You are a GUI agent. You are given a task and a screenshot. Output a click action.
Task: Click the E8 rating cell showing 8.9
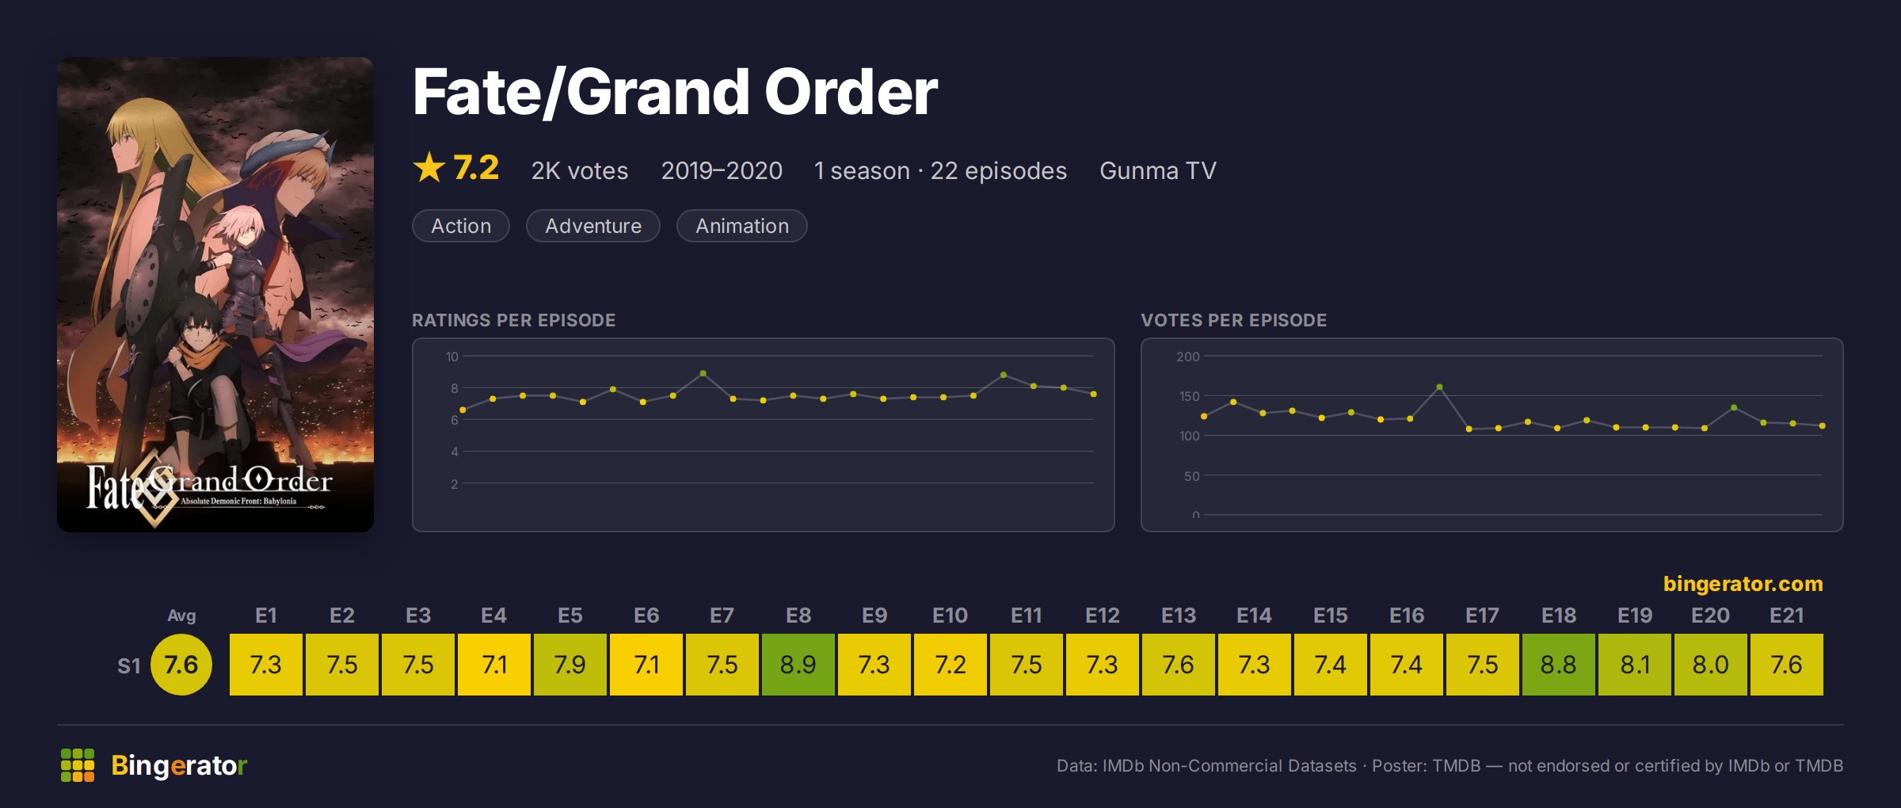[798, 665]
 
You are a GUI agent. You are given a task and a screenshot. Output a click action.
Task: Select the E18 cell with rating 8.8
[1558, 665]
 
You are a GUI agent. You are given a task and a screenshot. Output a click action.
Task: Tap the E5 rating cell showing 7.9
[570, 665]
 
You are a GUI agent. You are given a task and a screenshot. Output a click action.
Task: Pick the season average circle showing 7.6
[181, 665]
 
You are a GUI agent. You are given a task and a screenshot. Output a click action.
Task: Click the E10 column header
[950, 616]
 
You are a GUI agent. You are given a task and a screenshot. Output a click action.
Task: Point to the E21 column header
[1786, 616]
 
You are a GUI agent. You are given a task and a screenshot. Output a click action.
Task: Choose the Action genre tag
[461, 226]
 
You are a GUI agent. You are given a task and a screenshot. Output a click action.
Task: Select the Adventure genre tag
[593, 226]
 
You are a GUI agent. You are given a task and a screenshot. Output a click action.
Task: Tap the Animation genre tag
[742, 226]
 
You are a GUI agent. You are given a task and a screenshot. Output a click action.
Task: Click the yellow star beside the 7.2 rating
[429, 167]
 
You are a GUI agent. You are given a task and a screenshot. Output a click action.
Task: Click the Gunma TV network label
[1158, 170]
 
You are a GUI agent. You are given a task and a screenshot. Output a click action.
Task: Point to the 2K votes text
[580, 170]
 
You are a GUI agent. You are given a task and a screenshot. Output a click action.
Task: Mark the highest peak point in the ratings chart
[703, 373]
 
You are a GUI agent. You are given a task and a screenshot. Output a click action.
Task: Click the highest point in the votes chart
[1439, 387]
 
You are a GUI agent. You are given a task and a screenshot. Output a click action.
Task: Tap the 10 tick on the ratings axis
[451, 356]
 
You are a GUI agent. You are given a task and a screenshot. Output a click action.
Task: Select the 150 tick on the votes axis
[1189, 396]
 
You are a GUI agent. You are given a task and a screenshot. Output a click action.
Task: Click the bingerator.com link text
[1743, 584]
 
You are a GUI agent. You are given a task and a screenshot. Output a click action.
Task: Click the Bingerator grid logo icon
[78, 765]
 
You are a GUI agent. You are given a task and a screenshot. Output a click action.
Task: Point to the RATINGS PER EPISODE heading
[514, 320]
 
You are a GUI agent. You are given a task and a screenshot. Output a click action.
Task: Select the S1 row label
[129, 665]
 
